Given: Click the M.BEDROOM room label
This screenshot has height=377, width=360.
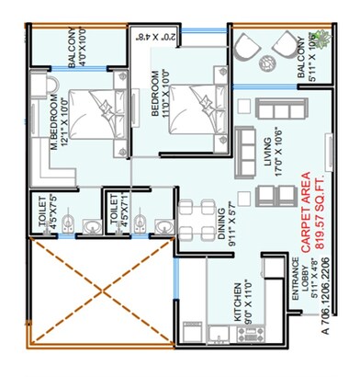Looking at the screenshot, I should click(x=55, y=119).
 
